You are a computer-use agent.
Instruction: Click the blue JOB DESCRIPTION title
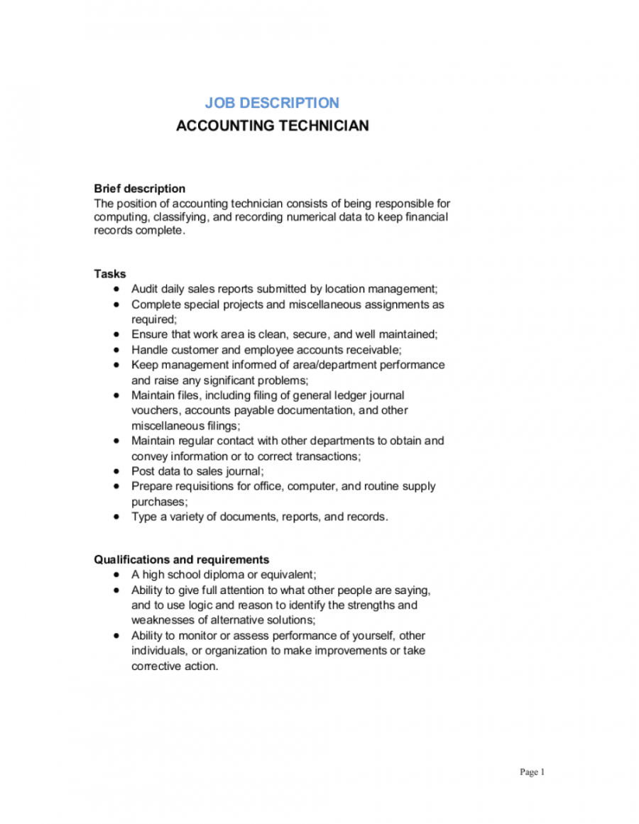(272, 103)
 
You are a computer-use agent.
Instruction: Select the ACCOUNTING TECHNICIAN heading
(272, 126)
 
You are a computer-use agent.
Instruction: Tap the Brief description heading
(140, 189)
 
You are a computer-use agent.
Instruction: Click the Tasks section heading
(110, 274)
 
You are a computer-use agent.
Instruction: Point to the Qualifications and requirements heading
(182, 560)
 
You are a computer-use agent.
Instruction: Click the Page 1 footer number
(532, 772)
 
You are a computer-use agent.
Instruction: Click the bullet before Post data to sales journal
(116, 471)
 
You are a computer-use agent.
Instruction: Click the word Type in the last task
(143, 517)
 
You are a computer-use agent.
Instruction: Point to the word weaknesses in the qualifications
(161, 620)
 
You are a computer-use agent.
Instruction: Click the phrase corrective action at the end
(174, 666)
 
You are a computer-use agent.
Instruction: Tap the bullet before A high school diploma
(116, 575)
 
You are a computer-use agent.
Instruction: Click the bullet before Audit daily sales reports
(116, 289)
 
